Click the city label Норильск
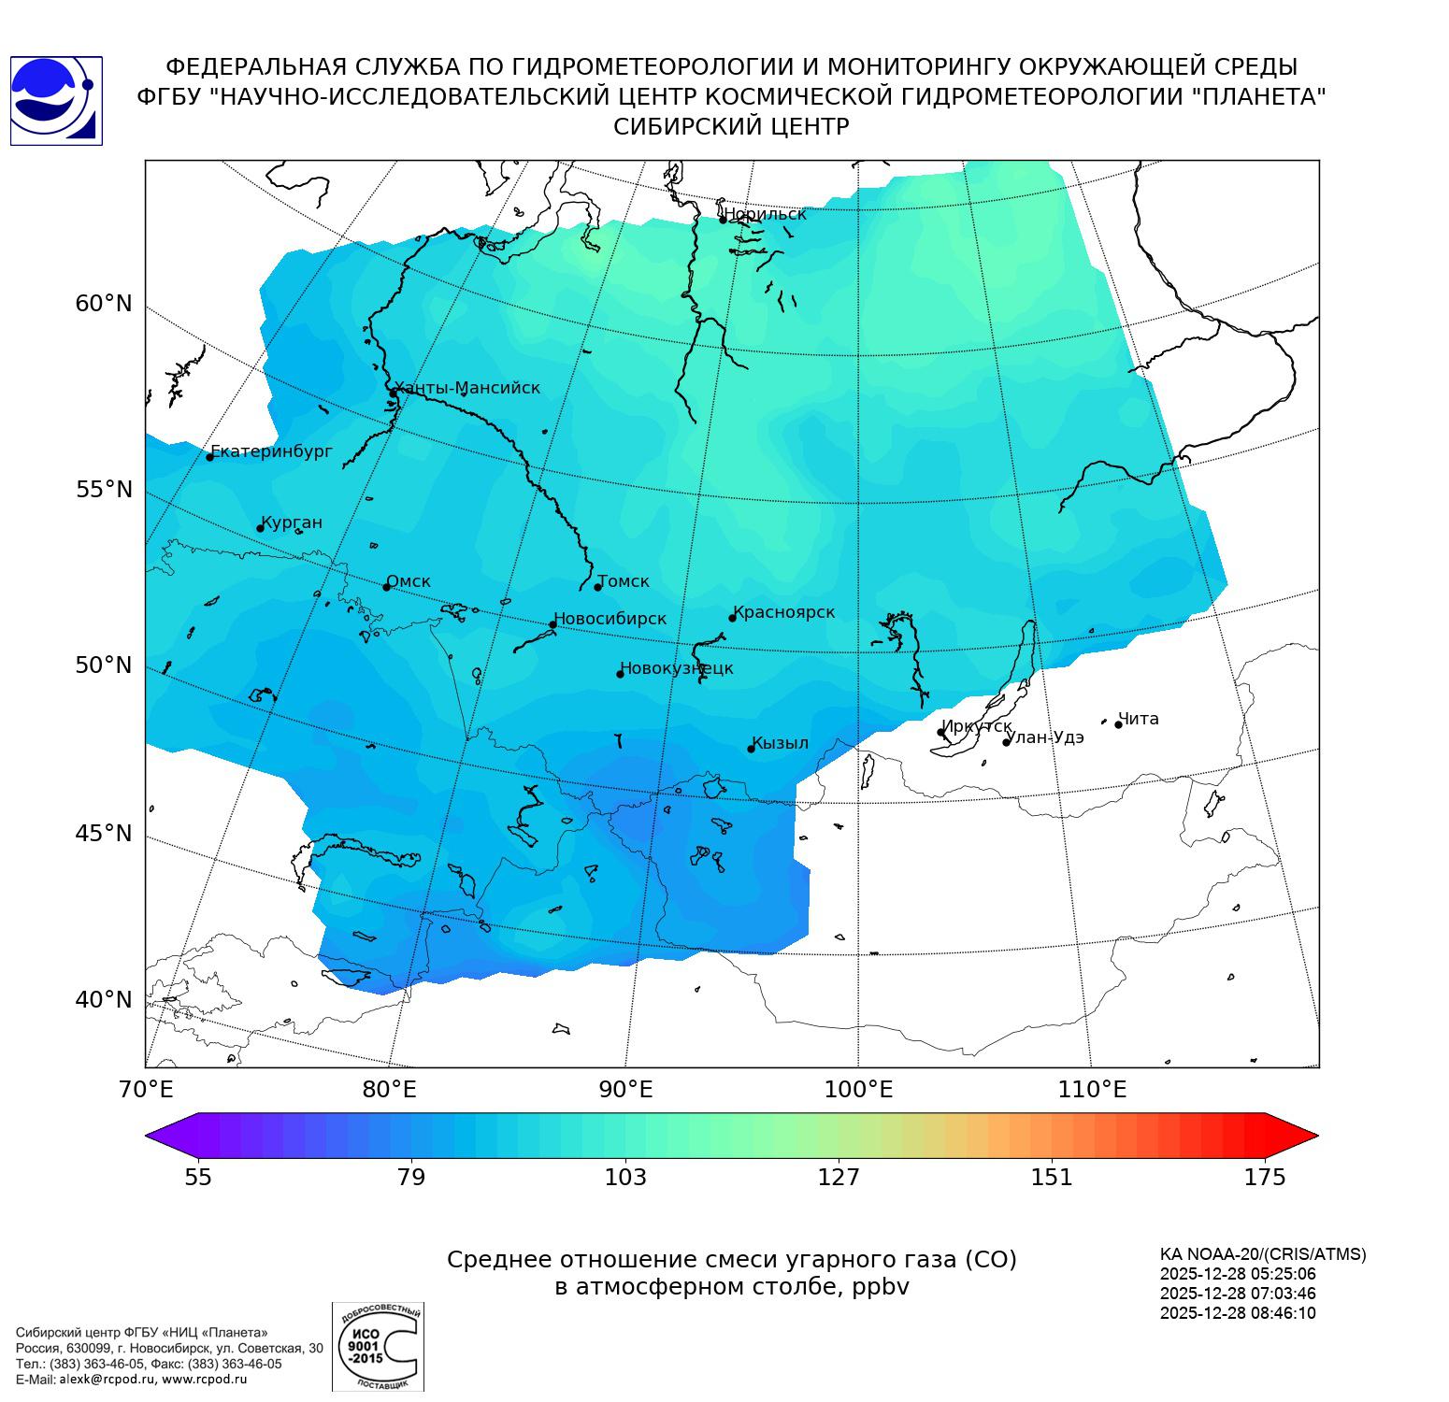(765, 214)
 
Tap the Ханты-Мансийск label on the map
(466, 388)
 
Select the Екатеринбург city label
(271, 451)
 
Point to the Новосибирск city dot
(552, 624)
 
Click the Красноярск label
(783, 612)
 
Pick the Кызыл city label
(780, 743)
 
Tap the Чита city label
(1139, 719)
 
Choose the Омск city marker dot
(386, 587)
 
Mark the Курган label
(291, 522)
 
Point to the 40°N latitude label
(104, 999)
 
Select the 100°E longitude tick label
(858, 1089)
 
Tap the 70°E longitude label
(147, 1089)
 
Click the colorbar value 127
(839, 1177)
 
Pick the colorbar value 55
(198, 1177)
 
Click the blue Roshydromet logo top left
(56, 100)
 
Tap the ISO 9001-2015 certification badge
(378, 1346)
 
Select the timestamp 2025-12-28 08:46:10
(1237, 1312)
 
